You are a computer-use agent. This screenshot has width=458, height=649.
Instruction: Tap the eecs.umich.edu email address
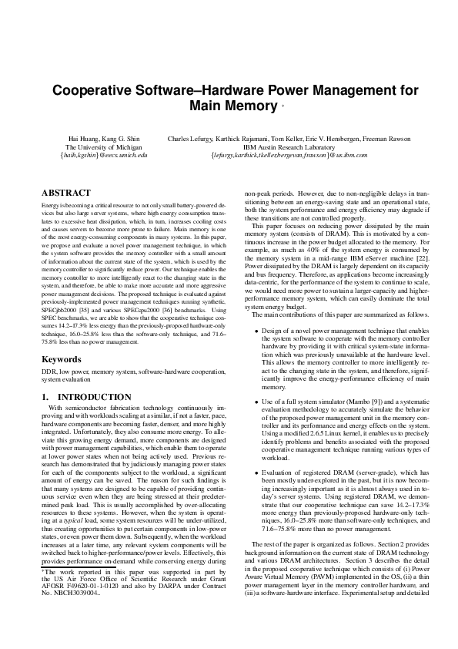103,155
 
